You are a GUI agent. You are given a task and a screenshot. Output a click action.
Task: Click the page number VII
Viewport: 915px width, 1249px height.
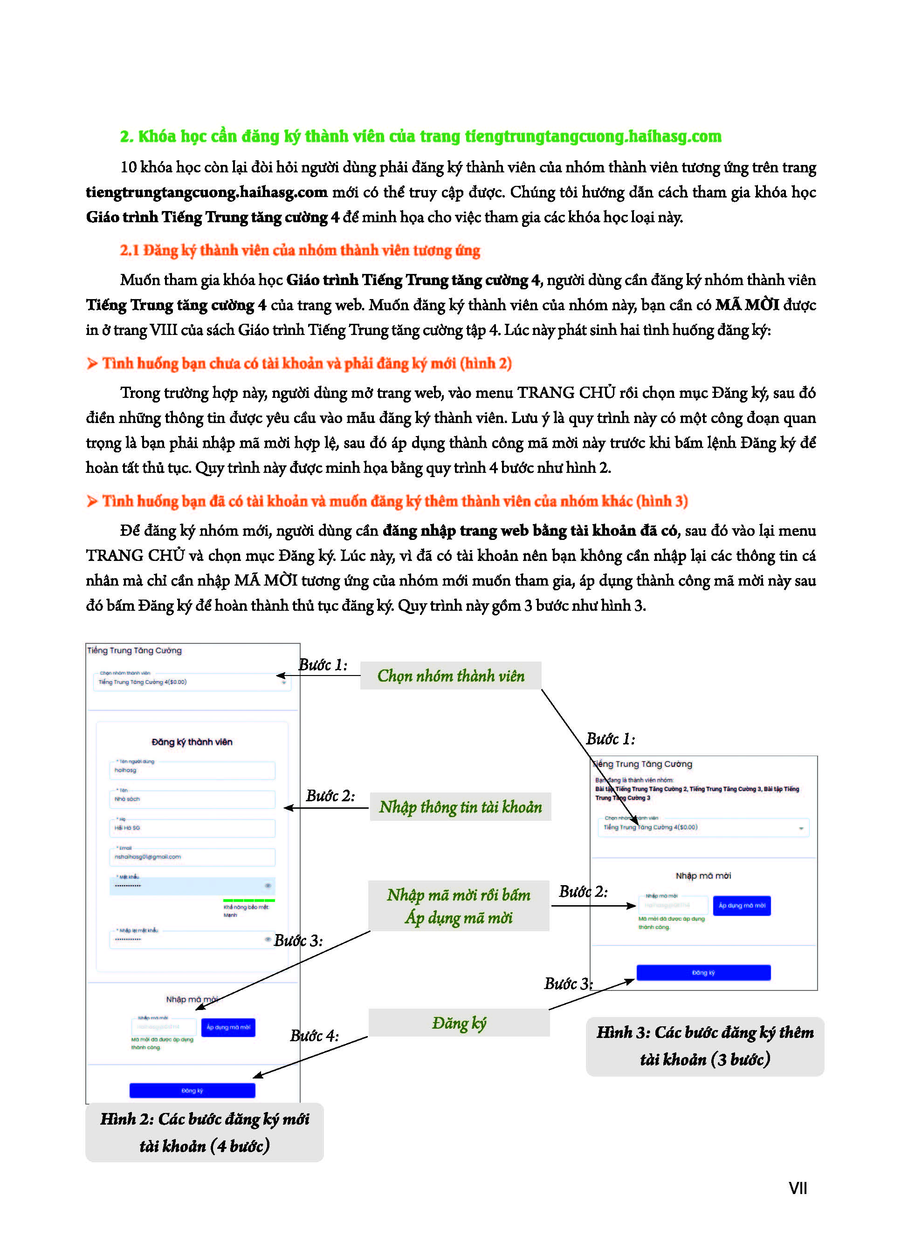pyautogui.click(x=797, y=1188)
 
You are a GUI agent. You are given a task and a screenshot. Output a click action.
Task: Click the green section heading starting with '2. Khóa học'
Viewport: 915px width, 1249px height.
pyautogui.click(x=420, y=136)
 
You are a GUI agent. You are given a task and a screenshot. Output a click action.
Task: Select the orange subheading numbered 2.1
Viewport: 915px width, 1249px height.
pyautogui.click(x=300, y=250)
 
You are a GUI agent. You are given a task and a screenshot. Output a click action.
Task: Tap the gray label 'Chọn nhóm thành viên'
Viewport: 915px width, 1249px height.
pyautogui.click(x=450, y=676)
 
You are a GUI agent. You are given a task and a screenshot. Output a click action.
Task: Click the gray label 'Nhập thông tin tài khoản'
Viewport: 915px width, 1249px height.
pyautogui.click(x=460, y=806)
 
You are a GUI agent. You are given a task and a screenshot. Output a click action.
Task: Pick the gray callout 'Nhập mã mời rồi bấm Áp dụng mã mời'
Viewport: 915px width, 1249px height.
pyautogui.click(x=459, y=906)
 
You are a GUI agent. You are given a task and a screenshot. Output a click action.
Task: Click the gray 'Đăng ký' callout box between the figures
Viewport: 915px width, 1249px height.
pyautogui.click(x=459, y=1023)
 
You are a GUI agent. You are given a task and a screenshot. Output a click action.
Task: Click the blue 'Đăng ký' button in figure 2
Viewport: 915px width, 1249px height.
pyautogui.click(x=192, y=1090)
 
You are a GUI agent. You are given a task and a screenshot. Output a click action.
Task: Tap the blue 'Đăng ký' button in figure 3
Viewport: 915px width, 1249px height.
pyautogui.click(x=703, y=972)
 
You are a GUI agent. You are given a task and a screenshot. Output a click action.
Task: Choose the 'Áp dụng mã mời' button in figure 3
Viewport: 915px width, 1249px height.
pyautogui.click(x=741, y=905)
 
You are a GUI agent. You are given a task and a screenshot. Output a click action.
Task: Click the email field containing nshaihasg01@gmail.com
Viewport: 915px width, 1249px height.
pyautogui.click(x=192, y=856)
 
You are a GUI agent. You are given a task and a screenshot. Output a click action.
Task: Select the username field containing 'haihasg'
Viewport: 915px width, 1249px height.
pyautogui.click(x=192, y=770)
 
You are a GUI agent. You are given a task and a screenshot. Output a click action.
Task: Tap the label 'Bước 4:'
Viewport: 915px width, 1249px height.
pyautogui.click(x=314, y=1035)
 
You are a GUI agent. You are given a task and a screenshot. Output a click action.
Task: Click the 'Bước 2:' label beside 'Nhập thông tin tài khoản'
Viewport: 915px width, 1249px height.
pyautogui.click(x=330, y=796)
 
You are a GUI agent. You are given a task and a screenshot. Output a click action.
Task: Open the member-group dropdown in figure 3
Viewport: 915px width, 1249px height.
pyautogui.click(x=702, y=827)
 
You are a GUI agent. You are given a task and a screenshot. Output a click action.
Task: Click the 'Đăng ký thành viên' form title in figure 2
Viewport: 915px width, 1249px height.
pyautogui.click(x=192, y=742)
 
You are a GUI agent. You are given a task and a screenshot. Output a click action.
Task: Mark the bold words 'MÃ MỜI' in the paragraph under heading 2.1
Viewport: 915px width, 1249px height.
pyautogui.click(x=747, y=305)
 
